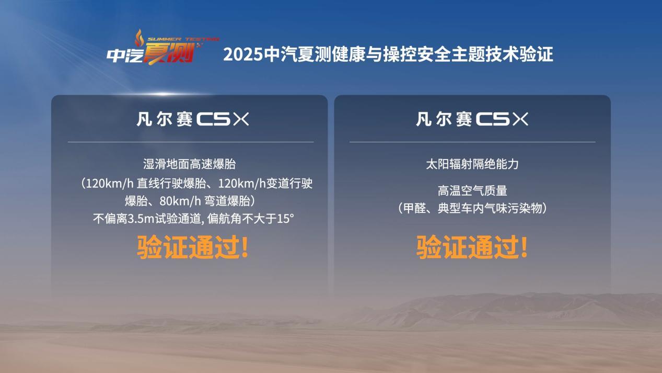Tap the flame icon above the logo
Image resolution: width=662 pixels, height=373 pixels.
138,37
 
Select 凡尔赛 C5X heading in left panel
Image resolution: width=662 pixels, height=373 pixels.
192,119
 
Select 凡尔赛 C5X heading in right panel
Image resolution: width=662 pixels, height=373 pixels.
472,119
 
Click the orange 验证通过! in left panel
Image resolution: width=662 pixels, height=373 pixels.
192,247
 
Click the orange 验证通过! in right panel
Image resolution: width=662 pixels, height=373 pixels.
472,247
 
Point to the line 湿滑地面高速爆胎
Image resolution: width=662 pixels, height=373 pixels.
189,164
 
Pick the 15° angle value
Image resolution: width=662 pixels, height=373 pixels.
285,219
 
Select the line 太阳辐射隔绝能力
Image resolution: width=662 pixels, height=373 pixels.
472,164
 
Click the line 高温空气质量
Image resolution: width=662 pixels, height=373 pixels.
472,191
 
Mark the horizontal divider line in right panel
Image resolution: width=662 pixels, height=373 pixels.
472,142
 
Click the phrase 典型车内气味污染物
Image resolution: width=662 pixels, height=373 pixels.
488,208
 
